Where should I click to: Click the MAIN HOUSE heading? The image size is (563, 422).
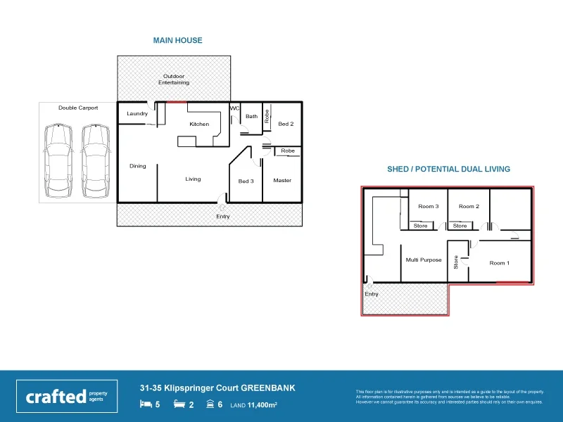pos(178,41)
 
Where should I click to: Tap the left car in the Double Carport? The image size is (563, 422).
pos(58,161)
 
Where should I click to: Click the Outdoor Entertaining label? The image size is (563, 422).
pos(174,79)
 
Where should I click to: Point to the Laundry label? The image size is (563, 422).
pos(137,113)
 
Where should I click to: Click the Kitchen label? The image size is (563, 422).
pos(199,124)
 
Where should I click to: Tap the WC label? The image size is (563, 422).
pos(235,108)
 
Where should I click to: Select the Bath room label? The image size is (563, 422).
pos(251,117)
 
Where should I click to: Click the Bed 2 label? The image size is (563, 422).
pos(286,124)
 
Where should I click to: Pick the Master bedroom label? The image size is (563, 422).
pos(282,181)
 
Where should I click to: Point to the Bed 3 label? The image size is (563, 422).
pos(246,181)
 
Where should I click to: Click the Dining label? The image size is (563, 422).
pos(138,167)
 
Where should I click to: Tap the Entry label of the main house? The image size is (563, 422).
pos(222,217)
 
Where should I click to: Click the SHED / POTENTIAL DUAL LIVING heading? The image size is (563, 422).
pos(448,170)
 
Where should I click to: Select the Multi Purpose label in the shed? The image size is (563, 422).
pos(424,260)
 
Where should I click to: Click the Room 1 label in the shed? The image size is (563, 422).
pos(500,263)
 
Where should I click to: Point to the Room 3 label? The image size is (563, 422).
pos(428,207)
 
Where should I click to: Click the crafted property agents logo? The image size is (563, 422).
pos(67,396)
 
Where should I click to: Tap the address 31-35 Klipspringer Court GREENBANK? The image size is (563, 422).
pos(217,388)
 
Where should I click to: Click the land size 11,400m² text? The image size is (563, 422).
pos(254,405)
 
